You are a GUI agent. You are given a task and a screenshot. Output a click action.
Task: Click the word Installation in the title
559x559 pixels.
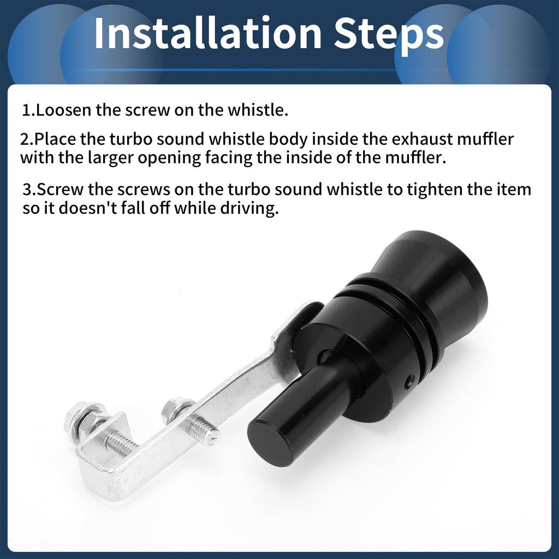coord(208,33)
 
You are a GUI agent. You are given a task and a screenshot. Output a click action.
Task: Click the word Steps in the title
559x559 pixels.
coord(389,35)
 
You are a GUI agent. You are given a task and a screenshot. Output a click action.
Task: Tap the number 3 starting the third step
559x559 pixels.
coord(27,189)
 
